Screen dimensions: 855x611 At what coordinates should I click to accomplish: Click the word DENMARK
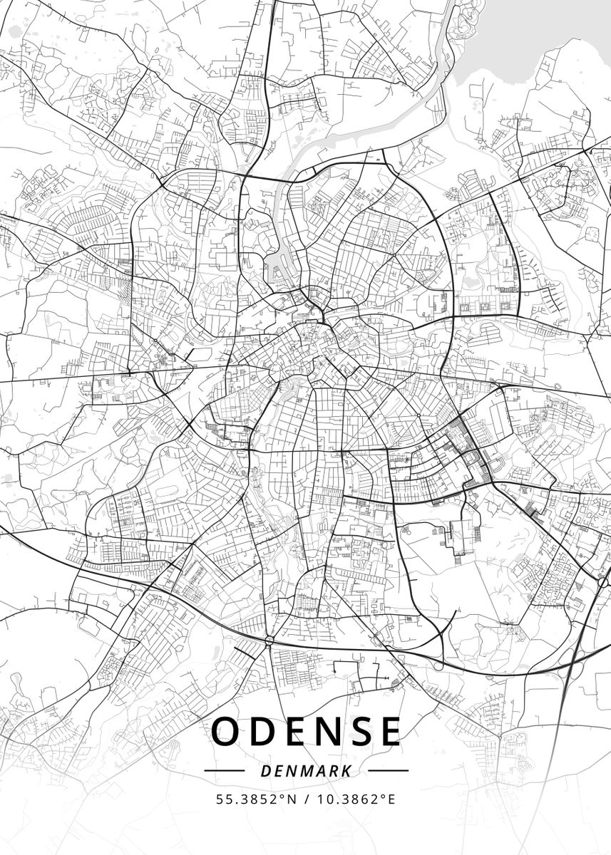coord(306,771)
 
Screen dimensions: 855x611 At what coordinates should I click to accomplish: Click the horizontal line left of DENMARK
coord(224,771)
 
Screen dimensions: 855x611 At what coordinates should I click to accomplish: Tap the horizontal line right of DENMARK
coord(388,771)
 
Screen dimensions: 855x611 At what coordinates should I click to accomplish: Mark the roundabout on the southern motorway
coord(269,641)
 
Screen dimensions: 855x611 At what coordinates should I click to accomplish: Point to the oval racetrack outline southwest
coord(169,492)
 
